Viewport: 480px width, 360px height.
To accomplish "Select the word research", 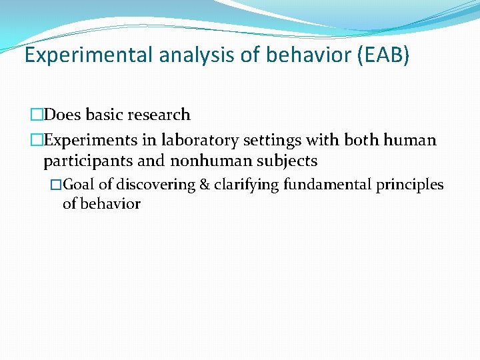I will (x=161, y=115).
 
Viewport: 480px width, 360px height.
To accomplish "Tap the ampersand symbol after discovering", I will (x=205, y=185).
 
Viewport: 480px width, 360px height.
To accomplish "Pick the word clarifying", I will (x=246, y=185).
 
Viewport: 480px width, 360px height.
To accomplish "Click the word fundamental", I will (x=327, y=185).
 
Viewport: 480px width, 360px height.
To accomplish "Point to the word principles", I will (x=409, y=185).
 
